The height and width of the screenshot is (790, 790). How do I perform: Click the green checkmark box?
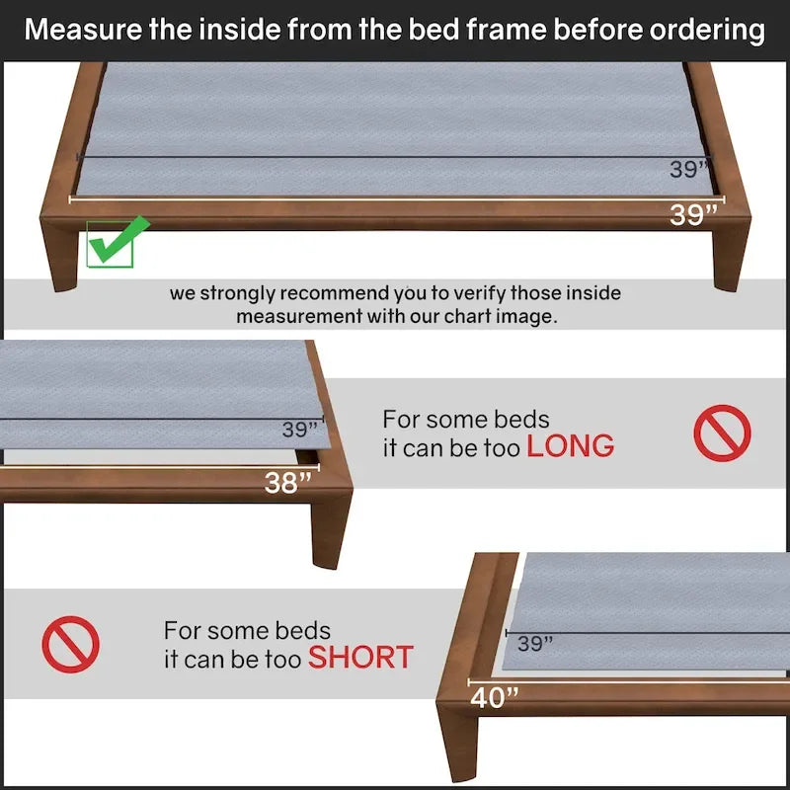[110, 244]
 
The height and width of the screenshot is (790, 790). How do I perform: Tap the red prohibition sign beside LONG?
[722, 434]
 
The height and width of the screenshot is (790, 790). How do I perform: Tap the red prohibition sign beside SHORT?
[70, 644]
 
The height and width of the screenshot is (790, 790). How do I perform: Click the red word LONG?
[570, 446]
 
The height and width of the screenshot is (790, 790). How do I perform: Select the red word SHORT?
[360, 657]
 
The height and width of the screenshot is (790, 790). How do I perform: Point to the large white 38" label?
[288, 483]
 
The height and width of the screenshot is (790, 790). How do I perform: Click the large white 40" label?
[495, 697]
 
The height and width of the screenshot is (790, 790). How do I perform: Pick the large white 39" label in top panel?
[692, 214]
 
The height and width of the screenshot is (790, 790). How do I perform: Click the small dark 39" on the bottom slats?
[535, 644]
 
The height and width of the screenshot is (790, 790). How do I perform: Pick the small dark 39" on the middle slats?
[300, 431]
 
